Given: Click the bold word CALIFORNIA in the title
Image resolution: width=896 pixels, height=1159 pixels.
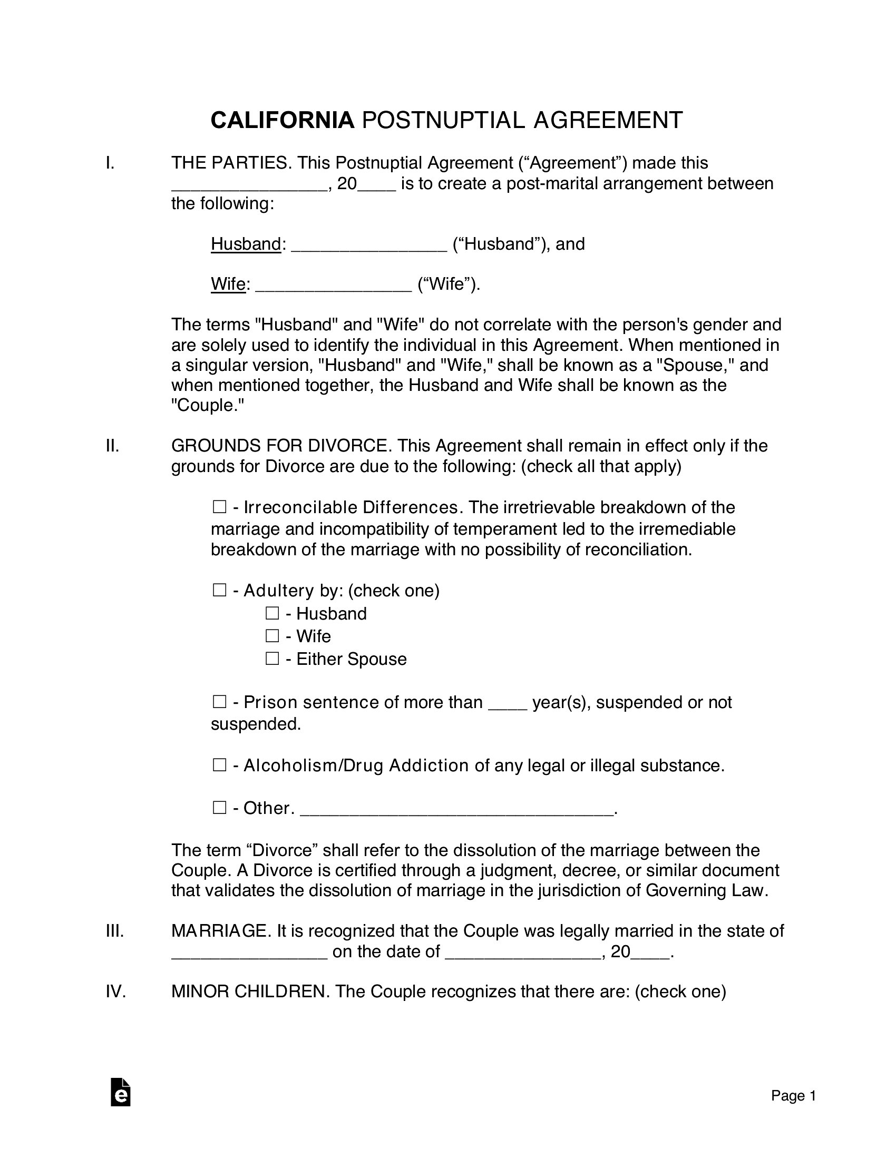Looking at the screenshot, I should [283, 121].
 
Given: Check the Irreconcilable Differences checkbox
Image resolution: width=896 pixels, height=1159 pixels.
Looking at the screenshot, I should [219, 507].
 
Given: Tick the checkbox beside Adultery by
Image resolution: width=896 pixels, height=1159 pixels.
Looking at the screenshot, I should [219, 590].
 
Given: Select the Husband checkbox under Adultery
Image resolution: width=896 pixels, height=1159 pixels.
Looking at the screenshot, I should [272, 613].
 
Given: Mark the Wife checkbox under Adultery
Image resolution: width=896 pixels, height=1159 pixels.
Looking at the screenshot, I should [272, 636].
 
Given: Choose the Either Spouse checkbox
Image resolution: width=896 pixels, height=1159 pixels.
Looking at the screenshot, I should [272, 659].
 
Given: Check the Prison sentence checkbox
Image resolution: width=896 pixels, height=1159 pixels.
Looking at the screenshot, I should [219, 702].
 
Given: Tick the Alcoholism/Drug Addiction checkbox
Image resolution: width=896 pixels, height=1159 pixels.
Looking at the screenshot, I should [219, 765].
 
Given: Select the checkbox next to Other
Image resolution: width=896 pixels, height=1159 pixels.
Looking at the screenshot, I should [219, 808].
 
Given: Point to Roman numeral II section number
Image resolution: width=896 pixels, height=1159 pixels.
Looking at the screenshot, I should [113, 446].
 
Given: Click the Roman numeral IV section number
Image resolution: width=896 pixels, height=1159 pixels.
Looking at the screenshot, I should [116, 991].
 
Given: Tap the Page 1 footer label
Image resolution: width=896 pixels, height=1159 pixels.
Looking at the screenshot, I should [793, 1096].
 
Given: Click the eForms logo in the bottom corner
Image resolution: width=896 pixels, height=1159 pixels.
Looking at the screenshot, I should [121, 1092].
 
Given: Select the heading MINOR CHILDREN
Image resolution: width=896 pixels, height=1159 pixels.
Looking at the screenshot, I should [248, 991].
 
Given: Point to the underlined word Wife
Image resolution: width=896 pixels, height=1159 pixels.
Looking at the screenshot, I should [228, 284].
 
